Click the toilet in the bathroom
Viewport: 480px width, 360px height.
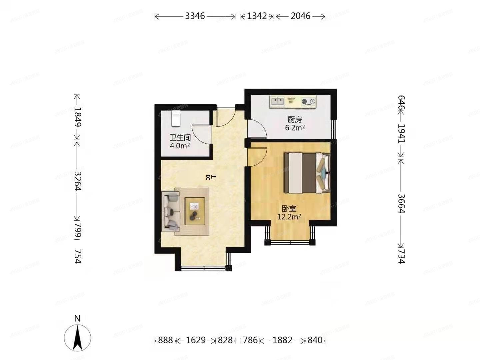[x=176, y=119]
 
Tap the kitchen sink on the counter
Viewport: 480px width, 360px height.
[x=277, y=101]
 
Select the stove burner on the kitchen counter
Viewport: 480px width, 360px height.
[x=308, y=101]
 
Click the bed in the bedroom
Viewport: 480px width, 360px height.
[x=306, y=173]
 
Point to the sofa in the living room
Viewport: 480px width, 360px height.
[x=171, y=211]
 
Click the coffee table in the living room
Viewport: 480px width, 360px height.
[x=195, y=211]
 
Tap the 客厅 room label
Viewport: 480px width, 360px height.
[x=210, y=177]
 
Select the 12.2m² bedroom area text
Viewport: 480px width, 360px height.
[x=289, y=217]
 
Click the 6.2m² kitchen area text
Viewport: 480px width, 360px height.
[x=295, y=128]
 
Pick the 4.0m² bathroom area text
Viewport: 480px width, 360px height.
[x=180, y=146]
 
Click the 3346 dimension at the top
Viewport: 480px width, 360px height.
[x=195, y=16]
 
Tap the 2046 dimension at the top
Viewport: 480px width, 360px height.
[x=300, y=16]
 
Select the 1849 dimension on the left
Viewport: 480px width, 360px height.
[x=78, y=117]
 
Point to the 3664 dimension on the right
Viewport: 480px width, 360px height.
[x=401, y=203]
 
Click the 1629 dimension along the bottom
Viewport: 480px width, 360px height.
[x=196, y=340]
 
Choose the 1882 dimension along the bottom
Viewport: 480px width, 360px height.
[x=282, y=340]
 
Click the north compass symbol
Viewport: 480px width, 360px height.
[x=77, y=337]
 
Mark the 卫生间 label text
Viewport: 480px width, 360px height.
[x=180, y=138]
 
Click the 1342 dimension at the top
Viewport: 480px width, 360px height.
[x=257, y=16]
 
